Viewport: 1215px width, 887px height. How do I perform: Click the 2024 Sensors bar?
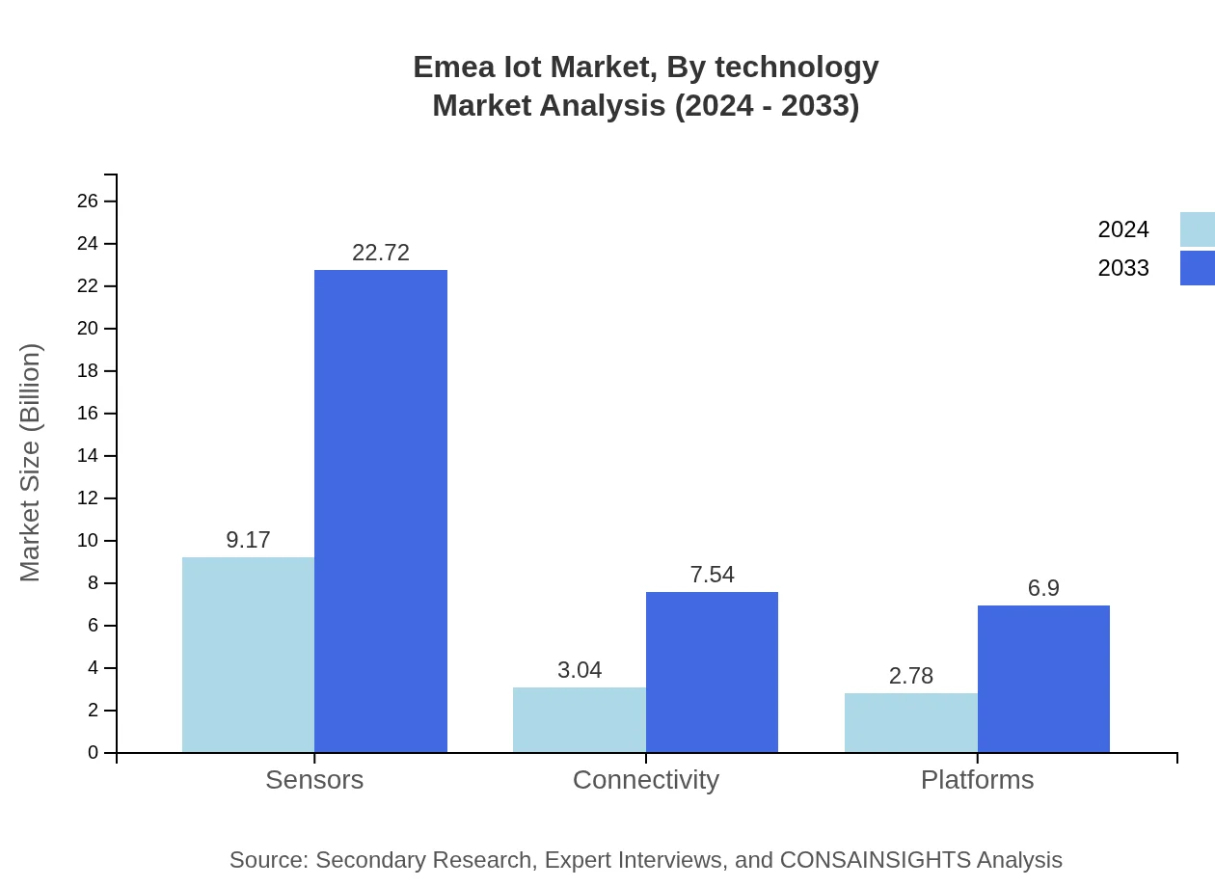[248, 655]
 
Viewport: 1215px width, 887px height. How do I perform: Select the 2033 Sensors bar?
[381, 511]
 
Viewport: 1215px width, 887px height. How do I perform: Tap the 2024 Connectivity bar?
[580, 719]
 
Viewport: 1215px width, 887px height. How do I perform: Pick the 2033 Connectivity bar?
[712, 672]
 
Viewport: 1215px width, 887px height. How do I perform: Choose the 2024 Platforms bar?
[911, 722]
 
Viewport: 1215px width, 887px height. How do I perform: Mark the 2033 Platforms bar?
[1043, 679]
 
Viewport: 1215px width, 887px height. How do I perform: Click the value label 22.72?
[381, 253]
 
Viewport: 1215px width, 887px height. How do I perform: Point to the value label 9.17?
[248, 540]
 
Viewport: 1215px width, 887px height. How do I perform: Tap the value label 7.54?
[712, 575]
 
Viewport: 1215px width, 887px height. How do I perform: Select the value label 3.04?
[580, 670]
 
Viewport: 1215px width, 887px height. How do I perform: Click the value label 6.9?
[1043, 588]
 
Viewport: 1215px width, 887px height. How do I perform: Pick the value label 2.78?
[911, 676]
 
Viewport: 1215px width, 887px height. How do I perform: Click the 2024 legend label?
[1123, 229]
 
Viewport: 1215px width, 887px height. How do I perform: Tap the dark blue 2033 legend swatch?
[1197, 268]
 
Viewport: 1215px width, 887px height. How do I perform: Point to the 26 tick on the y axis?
[88, 201]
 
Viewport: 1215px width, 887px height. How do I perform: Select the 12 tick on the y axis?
[88, 497]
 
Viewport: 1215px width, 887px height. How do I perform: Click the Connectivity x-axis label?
[646, 779]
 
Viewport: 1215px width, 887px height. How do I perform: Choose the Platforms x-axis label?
[977, 779]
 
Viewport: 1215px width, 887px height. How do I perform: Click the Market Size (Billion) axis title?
[31, 463]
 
